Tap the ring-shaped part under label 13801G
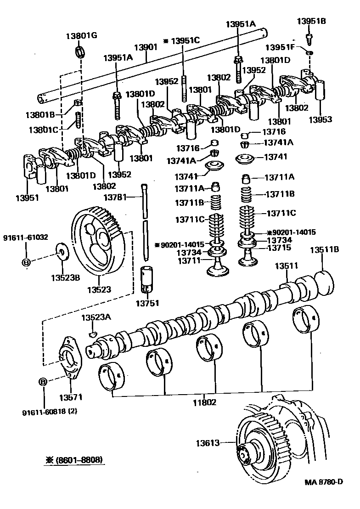click(x=81, y=51)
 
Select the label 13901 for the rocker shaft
click(x=146, y=47)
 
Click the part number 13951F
click(x=281, y=47)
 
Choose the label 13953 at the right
click(x=320, y=119)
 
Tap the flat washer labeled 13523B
click(x=62, y=251)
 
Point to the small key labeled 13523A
click(x=92, y=332)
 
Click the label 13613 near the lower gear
click(x=208, y=443)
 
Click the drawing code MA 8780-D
click(x=323, y=481)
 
